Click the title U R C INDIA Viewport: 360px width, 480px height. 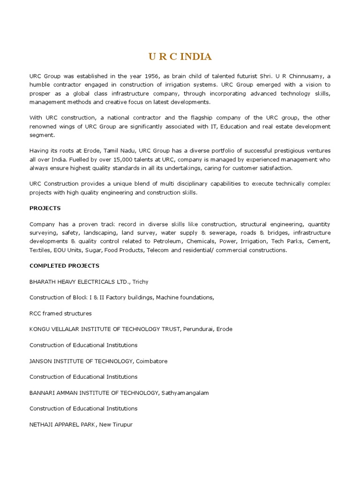[x=180, y=57]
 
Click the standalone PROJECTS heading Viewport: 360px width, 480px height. [x=45, y=208]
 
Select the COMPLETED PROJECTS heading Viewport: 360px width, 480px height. [x=64, y=266]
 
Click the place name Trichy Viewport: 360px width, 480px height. [x=141, y=282]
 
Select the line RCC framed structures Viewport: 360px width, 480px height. [x=60, y=313]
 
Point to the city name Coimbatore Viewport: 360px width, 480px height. [x=151, y=361]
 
